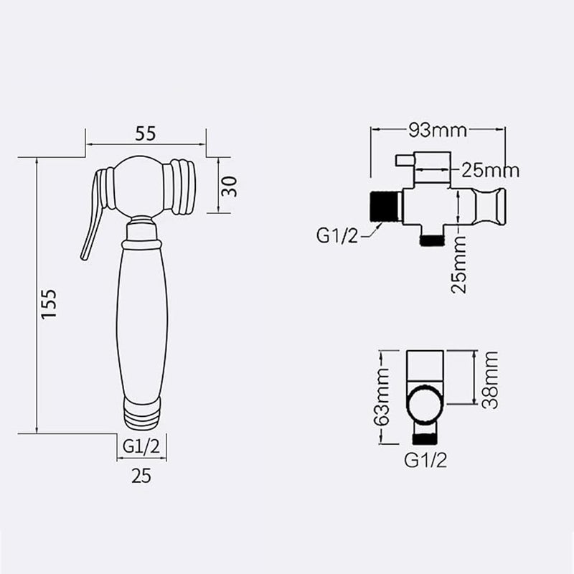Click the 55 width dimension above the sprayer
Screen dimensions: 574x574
coord(146,134)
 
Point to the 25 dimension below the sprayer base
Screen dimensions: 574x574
coord(142,475)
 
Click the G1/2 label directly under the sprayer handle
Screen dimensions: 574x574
coord(141,446)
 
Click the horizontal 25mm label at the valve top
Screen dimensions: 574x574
coord(490,170)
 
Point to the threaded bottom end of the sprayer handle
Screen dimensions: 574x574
coord(141,420)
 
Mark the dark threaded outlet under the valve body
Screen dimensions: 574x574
coord(431,239)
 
